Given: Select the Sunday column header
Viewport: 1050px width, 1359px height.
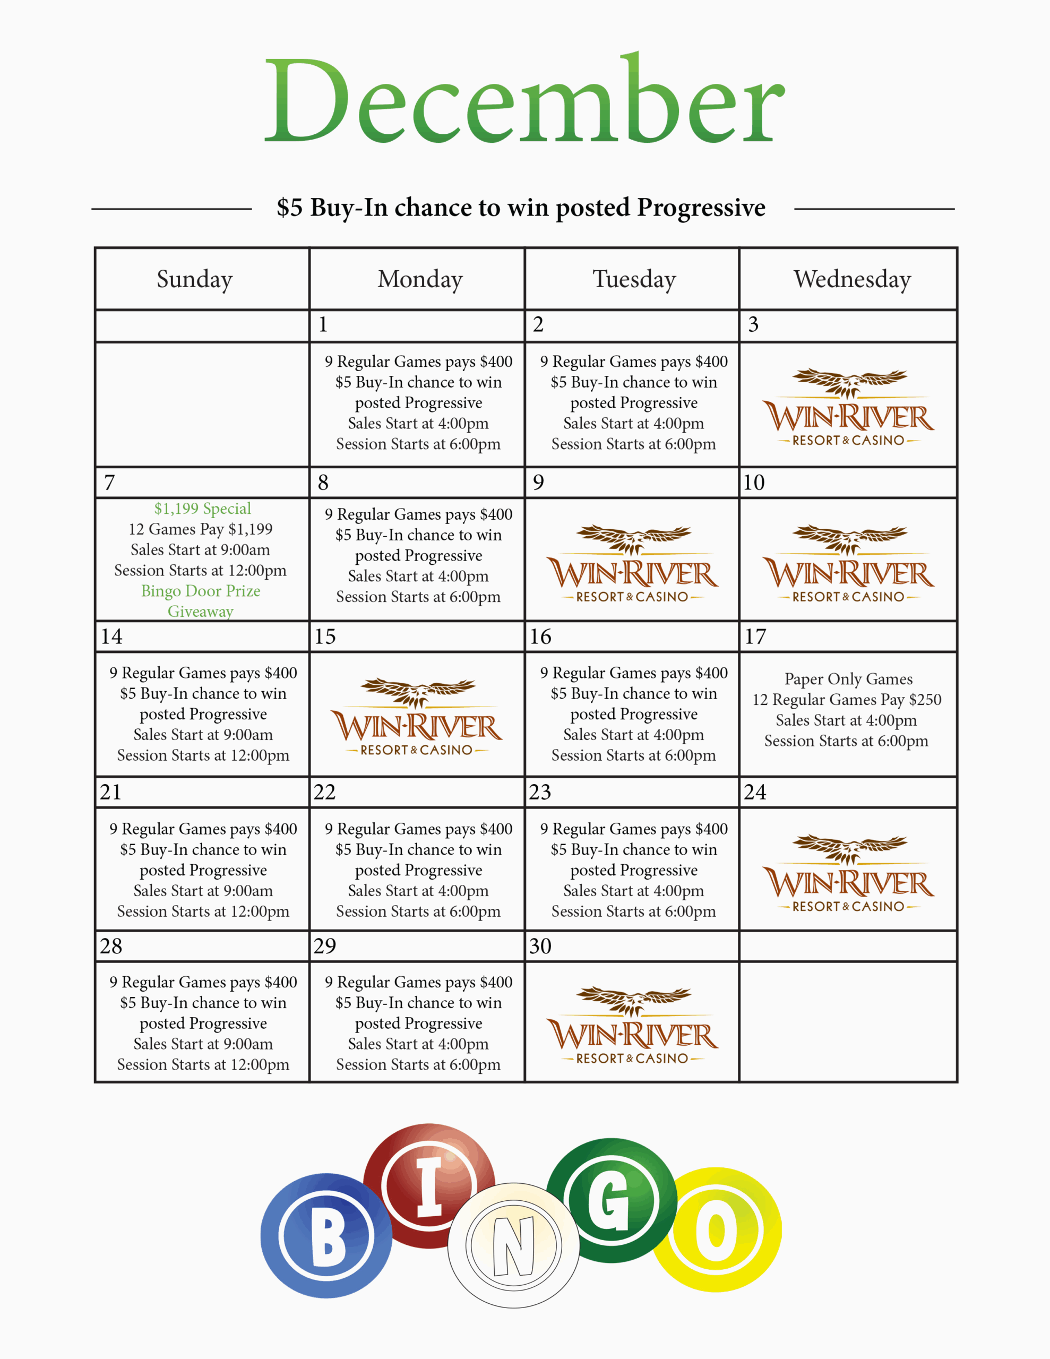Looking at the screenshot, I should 195,279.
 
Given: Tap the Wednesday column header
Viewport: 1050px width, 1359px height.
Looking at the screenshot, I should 852,279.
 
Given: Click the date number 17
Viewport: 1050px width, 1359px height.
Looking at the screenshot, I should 755,637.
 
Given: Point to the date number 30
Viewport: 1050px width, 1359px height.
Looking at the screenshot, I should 540,947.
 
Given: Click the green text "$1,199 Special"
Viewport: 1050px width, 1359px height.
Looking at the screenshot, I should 203,509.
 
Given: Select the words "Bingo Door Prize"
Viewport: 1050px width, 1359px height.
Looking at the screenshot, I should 201,590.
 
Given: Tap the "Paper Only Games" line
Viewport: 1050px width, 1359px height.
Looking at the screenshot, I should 848,679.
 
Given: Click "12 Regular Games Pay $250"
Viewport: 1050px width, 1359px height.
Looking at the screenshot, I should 847,700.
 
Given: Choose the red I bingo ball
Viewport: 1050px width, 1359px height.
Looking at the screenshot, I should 428,1185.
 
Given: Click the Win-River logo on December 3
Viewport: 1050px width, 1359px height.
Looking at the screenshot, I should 848,408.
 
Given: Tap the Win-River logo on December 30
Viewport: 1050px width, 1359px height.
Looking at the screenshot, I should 632,1026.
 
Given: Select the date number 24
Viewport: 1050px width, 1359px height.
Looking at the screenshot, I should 755,792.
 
